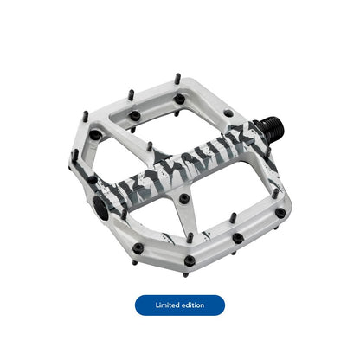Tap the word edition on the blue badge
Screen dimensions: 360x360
[x=193, y=305]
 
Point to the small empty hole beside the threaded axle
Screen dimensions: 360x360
[x=228, y=112]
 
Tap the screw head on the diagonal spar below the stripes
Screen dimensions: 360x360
[x=184, y=198]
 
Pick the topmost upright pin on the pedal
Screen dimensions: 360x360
[x=178, y=79]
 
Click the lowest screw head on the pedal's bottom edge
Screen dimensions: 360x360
[x=190, y=260]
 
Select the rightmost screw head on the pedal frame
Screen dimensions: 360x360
[x=280, y=213]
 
